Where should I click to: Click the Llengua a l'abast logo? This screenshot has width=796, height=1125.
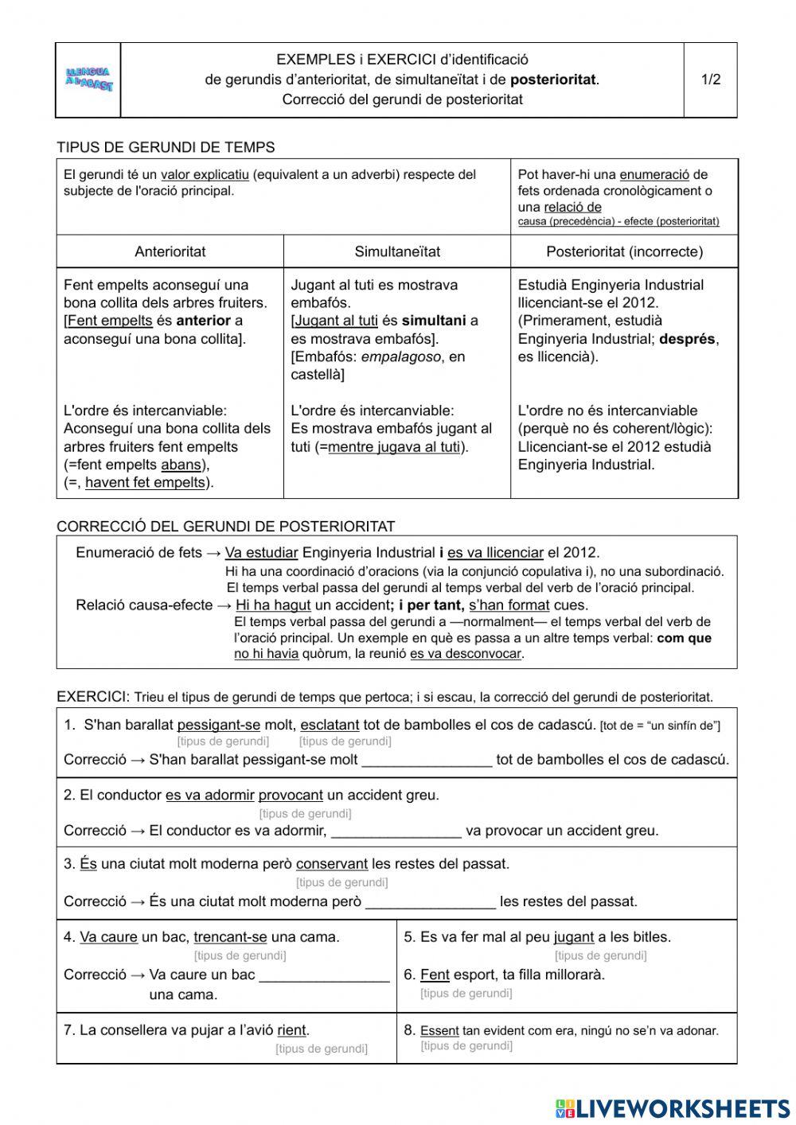[x=88, y=80]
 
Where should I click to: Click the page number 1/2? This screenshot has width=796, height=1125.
[x=710, y=80]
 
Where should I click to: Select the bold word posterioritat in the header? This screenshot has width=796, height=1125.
[x=553, y=80]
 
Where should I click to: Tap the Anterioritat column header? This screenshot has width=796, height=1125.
[x=170, y=251]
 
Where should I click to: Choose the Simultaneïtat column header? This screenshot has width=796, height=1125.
[x=397, y=251]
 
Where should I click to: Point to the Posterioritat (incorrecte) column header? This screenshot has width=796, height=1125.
[x=624, y=251]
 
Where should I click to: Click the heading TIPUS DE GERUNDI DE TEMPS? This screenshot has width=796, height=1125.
[x=166, y=147]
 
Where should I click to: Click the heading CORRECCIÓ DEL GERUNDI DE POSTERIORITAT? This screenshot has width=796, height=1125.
[x=225, y=526]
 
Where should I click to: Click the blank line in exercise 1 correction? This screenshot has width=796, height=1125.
[x=427, y=761]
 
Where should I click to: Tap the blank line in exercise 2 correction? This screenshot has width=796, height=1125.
[x=396, y=831]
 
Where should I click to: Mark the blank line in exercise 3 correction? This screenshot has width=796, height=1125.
[x=430, y=902]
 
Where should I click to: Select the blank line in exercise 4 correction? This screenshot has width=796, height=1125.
[x=324, y=975]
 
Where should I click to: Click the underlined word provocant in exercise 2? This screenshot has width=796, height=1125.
[x=291, y=795]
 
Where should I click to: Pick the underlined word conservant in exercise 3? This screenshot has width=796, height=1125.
[x=332, y=864]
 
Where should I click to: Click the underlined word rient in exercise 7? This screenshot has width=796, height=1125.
[x=292, y=1030]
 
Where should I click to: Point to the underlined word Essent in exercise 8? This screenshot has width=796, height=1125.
[x=439, y=1031]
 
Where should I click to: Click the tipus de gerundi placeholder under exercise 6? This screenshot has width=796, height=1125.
[x=466, y=993]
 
